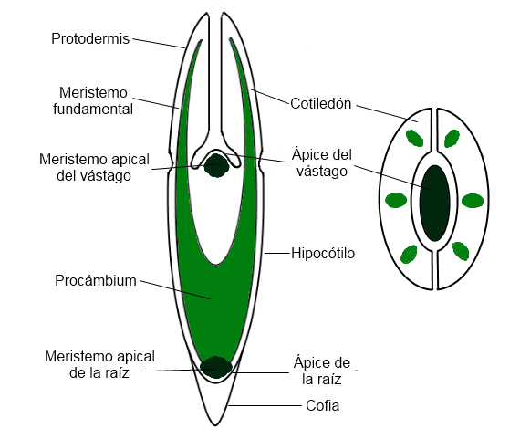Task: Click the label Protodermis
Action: [x=90, y=38]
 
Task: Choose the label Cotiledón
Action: [x=319, y=104]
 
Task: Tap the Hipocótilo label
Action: [x=322, y=252]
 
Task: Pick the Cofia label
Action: [x=321, y=405]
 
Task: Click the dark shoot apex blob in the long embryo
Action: [x=216, y=165]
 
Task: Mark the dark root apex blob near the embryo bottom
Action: [x=216, y=367]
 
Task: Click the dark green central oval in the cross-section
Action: [x=434, y=203]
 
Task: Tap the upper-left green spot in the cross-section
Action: [x=414, y=139]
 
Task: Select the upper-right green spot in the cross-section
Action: [x=452, y=139]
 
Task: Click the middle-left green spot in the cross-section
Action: [x=396, y=201]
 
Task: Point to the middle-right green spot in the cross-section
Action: [x=472, y=201]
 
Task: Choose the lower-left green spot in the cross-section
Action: [x=412, y=252]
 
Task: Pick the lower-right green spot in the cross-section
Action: [x=460, y=250]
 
